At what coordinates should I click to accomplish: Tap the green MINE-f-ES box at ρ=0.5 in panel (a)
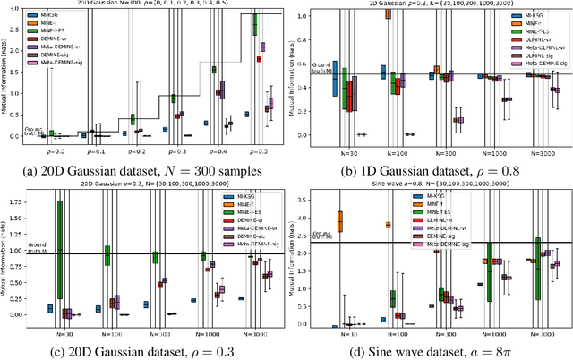point(255,23)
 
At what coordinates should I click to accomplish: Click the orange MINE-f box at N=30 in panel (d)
point(339,220)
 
